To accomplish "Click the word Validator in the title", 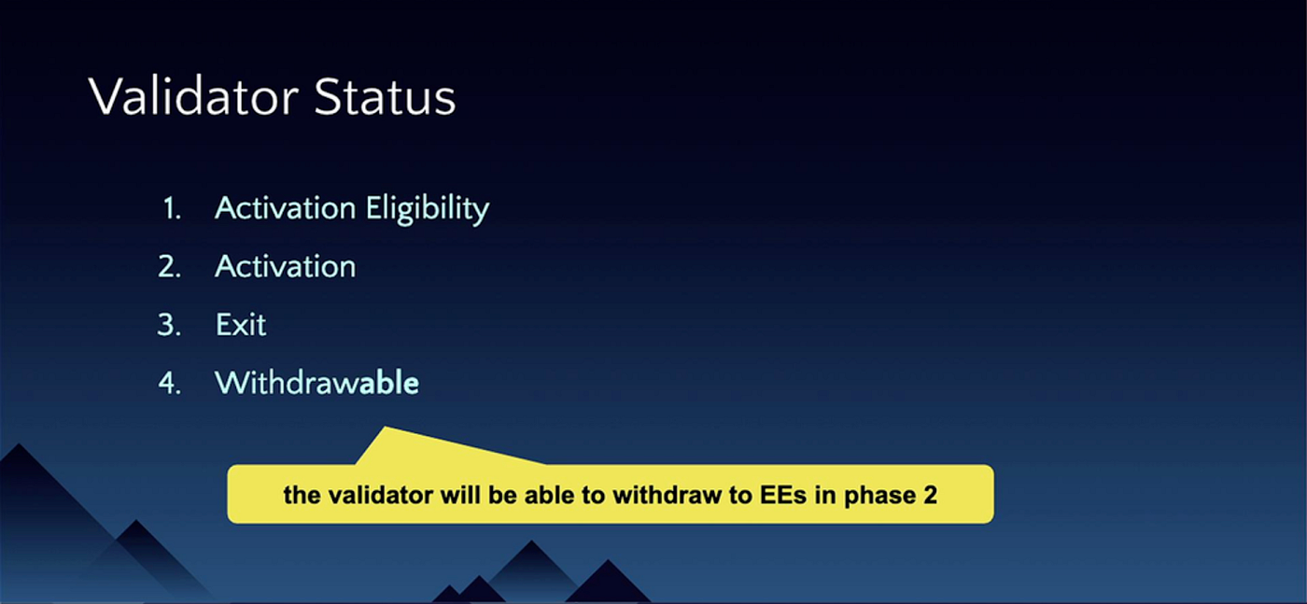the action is (194, 96).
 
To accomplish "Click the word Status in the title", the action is (385, 96).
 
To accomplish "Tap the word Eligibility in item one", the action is (428, 209).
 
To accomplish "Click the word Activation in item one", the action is (286, 208).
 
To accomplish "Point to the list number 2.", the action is (170, 267).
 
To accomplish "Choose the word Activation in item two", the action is (286, 266).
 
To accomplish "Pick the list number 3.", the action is (170, 325).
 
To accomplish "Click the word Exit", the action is (241, 325).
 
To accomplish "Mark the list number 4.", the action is (170, 384).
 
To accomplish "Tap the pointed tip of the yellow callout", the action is (385, 428).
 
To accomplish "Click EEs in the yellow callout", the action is (783, 495).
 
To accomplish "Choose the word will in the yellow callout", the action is (461, 495).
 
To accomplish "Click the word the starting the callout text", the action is (302, 495).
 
